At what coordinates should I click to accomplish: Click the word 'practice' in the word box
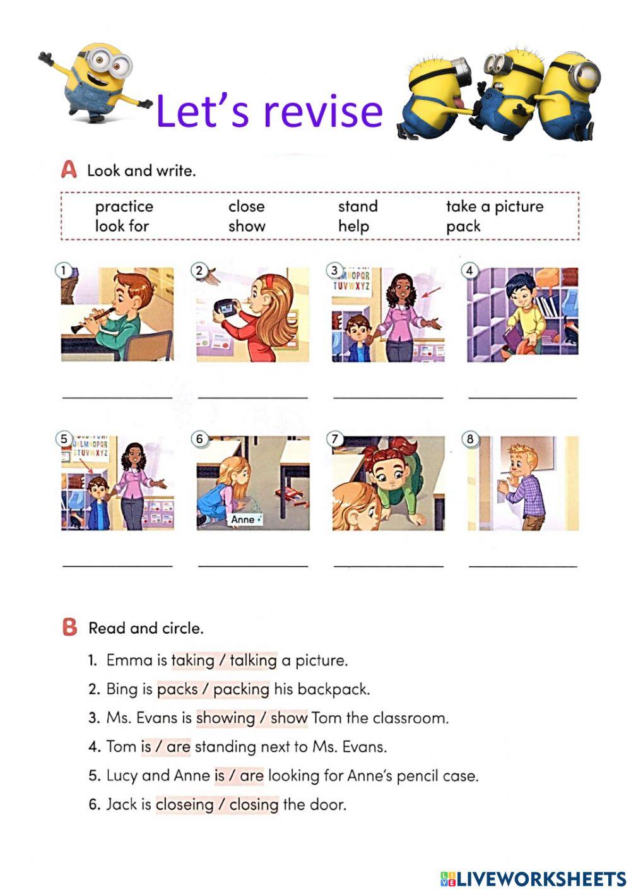[124, 206]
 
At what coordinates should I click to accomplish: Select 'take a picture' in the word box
[494, 206]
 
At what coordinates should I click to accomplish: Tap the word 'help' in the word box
[353, 226]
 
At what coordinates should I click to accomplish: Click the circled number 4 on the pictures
[469, 271]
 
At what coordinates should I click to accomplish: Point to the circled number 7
[335, 439]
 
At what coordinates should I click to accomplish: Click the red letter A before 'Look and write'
[69, 170]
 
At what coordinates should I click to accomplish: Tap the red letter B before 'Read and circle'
[69, 627]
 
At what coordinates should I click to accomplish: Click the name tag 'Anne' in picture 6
[243, 520]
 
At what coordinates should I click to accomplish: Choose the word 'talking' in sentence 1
[253, 660]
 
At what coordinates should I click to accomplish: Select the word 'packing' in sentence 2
[241, 689]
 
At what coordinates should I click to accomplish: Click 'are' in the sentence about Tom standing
[178, 747]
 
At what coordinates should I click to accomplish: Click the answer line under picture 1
[117, 397]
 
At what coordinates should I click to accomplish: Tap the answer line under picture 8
[523, 566]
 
